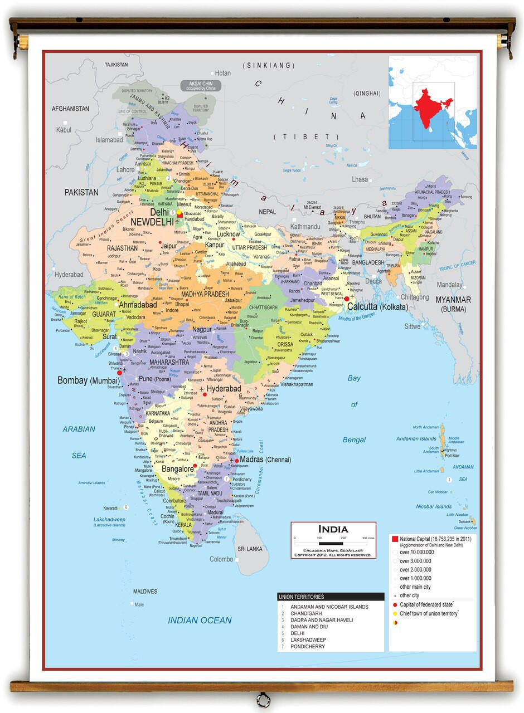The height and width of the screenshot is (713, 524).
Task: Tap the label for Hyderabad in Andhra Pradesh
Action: (x=224, y=388)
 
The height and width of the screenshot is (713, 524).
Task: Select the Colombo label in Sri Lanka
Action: (x=221, y=559)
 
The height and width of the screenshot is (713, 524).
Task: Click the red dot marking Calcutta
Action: (x=347, y=299)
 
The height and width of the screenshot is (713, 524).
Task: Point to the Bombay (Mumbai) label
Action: (x=89, y=380)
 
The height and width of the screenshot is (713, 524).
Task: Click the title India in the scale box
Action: (x=333, y=529)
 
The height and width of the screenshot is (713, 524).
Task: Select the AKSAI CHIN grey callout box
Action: (x=200, y=86)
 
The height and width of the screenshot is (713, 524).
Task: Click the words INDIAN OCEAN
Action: (x=200, y=621)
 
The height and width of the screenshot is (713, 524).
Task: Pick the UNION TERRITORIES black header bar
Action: (x=331, y=597)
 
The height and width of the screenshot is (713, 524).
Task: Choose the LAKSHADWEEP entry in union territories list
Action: (x=308, y=640)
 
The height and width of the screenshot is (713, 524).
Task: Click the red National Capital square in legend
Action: (x=395, y=539)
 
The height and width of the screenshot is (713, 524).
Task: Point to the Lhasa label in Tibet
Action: (x=360, y=179)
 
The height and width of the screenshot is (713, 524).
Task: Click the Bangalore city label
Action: (x=177, y=469)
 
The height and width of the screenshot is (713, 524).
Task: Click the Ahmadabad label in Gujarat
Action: (x=137, y=305)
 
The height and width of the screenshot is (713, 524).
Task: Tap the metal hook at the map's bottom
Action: (x=262, y=699)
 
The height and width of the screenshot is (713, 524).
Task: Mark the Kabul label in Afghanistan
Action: (x=64, y=130)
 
